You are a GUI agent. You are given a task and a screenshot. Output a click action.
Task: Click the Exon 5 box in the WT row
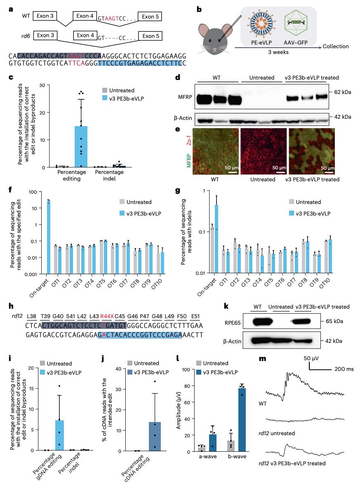tap(150, 16)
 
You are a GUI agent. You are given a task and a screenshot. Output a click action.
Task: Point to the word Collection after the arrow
tap(336, 47)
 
